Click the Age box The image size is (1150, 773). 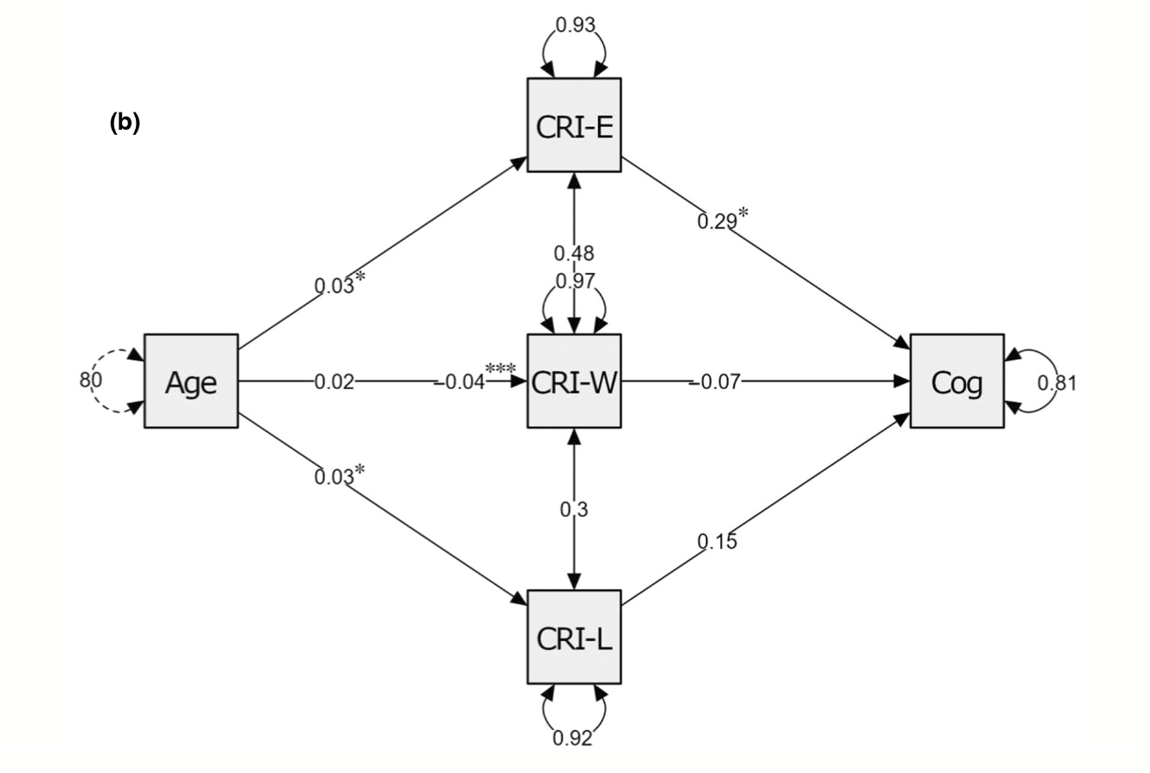coord(191,381)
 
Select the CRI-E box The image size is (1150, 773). coord(573,125)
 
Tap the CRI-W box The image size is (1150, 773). coord(573,381)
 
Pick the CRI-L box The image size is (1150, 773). coord(573,637)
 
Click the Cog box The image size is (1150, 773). coord(957,381)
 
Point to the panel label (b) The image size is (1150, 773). coord(125,123)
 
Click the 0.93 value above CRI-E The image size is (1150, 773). coord(574,25)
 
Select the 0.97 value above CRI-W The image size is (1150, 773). coord(574,281)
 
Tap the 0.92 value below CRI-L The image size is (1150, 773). coord(573,738)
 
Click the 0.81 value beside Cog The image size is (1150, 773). coord(1056,383)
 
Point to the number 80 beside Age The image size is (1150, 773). coord(91,380)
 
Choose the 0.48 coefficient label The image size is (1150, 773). coord(573,253)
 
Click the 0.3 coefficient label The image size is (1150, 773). coord(573,509)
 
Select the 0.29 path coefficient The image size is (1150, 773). coord(717,221)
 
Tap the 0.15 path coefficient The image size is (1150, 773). coord(717,541)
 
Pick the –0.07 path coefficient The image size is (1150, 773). coord(715,381)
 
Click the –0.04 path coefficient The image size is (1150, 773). coord(460,382)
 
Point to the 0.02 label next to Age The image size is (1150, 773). coord(333,381)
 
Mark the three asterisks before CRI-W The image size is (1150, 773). coord(500,369)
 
